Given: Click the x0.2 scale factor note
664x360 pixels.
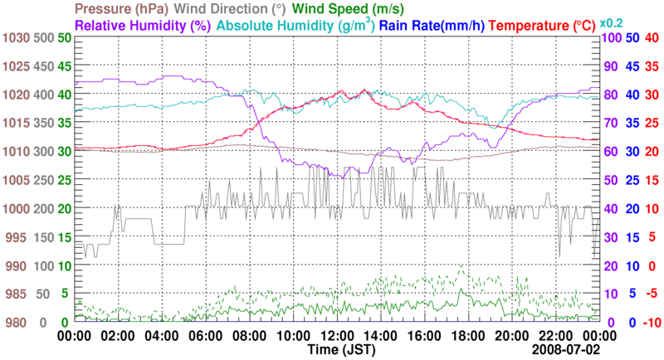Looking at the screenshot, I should tap(613, 22).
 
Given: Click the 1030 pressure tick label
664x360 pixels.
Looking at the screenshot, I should tap(15, 38).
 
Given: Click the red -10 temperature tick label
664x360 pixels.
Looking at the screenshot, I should tap(651, 323).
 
